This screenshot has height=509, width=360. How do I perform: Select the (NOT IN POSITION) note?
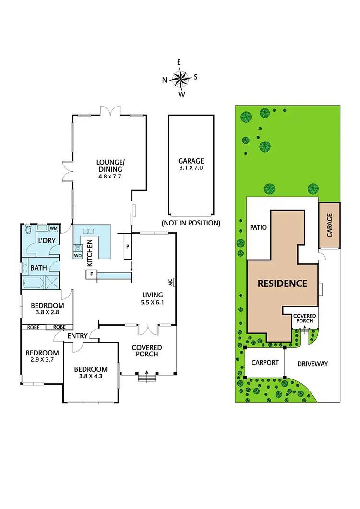[x=191, y=223]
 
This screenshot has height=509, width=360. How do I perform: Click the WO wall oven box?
[x=78, y=255]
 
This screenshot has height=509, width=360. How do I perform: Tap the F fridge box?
[x=91, y=274]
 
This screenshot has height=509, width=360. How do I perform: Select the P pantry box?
[x=127, y=246]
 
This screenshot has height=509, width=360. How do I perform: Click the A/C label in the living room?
[x=170, y=283]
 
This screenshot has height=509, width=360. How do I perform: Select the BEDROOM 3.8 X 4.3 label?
[x=91, y=372]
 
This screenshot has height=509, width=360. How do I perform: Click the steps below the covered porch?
[x=145, y=378]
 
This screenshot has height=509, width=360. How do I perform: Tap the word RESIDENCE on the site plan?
[x=282, y=283]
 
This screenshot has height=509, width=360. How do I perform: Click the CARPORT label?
[x=265, y=363]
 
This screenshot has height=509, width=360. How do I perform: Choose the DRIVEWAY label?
[x=312, y=364]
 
